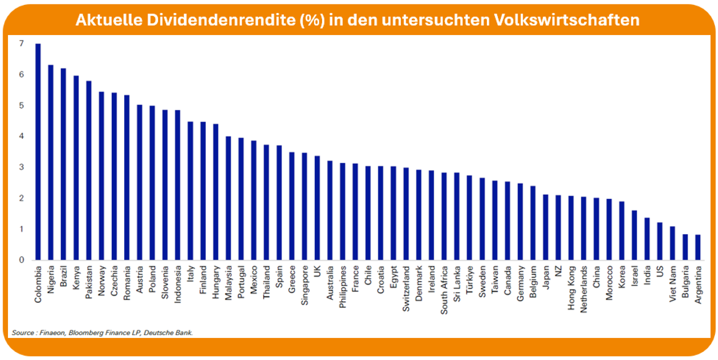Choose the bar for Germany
tap(519, 221)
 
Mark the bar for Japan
tap(545, 227)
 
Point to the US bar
tap(659, 241)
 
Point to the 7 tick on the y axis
tap(21, 44)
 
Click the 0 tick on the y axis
tap(21, 260)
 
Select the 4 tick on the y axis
tap(21, 136)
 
